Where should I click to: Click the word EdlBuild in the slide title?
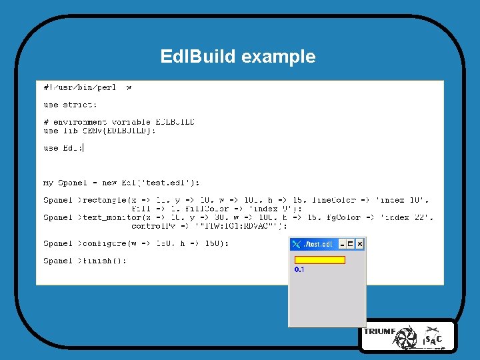[198, 57]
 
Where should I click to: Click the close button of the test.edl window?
[360, 244]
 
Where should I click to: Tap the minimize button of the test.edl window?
[341, 244]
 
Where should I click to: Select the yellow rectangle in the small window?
[320, 260]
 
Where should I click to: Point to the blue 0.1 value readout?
[299, 269]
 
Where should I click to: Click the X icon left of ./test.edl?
[297, 244]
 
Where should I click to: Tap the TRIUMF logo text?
[379, 331]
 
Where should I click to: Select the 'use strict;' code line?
[70, 105]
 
